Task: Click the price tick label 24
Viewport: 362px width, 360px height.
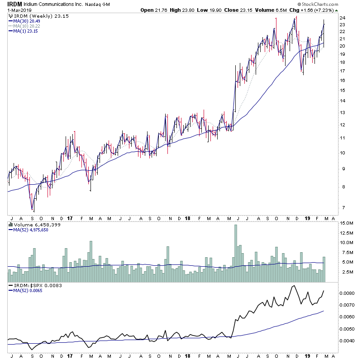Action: coord(343,18)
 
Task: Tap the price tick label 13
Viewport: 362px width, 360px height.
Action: coord(343,113)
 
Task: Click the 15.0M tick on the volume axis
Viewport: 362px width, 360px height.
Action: coord(346,223)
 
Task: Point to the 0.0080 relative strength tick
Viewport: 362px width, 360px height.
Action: coord(347,293)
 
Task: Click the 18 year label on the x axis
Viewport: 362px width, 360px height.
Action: coord(188,218)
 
